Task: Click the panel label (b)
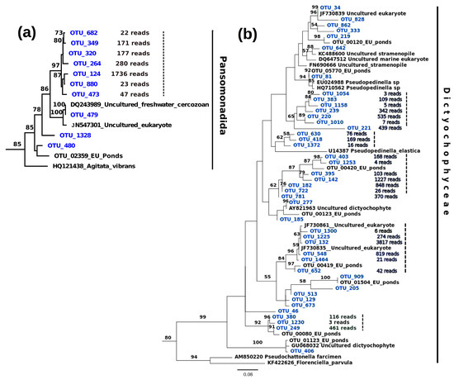tap(248, 35)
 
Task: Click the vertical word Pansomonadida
tap(224, 97)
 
